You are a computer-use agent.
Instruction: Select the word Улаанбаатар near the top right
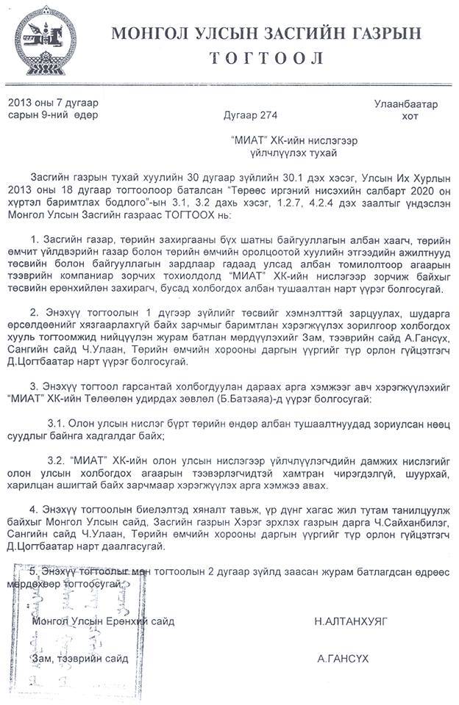(405, 104)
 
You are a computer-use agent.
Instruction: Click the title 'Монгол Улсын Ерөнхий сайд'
(104, 621)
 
